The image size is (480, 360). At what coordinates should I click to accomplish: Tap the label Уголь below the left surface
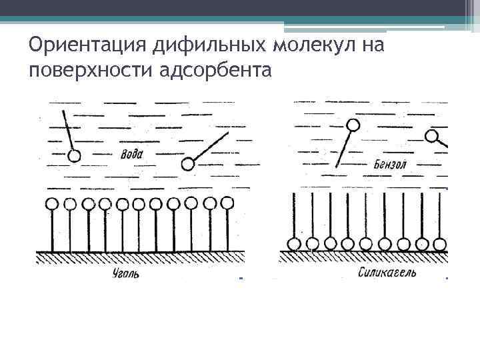[125, 273]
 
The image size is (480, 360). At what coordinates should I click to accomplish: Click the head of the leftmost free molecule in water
[75, 156]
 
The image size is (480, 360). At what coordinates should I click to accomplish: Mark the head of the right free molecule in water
[188, 163]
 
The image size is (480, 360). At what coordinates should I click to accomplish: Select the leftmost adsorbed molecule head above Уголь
[52, 203]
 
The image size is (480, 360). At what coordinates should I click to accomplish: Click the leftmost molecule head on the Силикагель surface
[293, 244]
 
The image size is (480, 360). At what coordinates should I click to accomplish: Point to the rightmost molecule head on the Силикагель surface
[439, 244]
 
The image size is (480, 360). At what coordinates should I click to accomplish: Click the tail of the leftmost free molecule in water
[68, 131]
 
